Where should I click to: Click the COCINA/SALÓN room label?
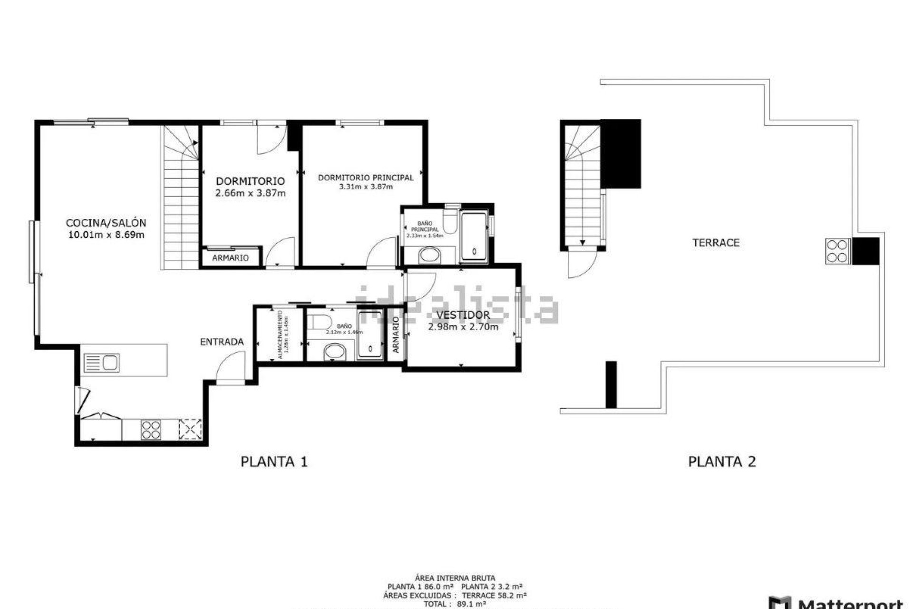pos(106,223)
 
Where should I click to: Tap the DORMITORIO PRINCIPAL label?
pos(365,177)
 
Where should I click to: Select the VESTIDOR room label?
pos(463,315)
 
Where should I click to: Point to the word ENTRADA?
pos(222,342)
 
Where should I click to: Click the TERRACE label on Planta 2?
pos(716,243)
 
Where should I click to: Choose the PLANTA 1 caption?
pos(274,462)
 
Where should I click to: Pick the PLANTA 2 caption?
pos(722,462)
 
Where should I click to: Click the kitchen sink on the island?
pos(101,363)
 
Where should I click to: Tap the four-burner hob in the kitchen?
pos(151,429)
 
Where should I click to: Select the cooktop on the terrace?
pos(837,251)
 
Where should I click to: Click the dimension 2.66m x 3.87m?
pos(250,193)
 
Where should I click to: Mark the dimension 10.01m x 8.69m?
pos(106,235)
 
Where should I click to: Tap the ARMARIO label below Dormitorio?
pos(230,258)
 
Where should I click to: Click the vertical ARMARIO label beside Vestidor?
pos(396,335)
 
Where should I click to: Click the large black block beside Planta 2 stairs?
pos(621,154)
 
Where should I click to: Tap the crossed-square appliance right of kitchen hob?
pos(190,429)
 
